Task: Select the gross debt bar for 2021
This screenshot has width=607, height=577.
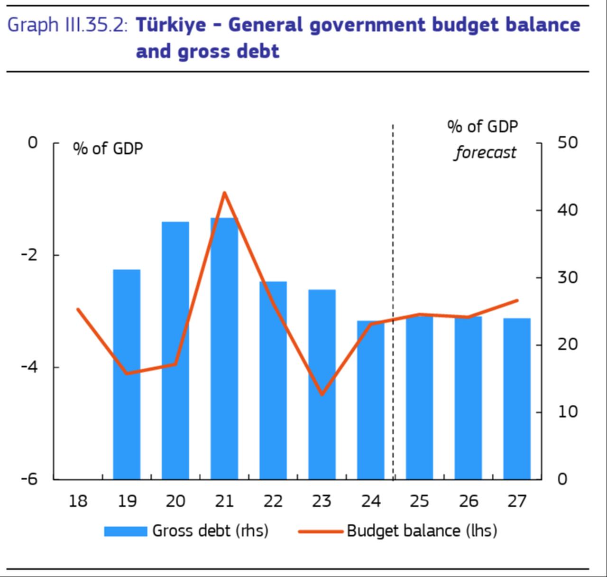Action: [x=224, y=348]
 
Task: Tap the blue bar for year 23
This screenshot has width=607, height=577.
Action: [x=322, y=384]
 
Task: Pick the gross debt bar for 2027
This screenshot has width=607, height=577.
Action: [x=517, y=398]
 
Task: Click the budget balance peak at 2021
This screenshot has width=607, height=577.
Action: [x=224, y=193]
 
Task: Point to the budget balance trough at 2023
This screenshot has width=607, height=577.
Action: [x=322, y=394]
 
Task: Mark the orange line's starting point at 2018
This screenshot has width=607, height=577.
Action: [x=78, y=309]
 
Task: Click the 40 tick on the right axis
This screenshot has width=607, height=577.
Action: [x=567, y=210]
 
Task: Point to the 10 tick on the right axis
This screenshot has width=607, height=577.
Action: [x=567, y=411]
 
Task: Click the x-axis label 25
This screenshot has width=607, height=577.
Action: [x=419, y=501]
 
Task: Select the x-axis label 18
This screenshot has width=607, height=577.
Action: [x=78, y=501]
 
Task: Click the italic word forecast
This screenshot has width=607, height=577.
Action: [x=485, y=153]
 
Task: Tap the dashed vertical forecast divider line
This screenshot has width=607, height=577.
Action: [x=393, y=285]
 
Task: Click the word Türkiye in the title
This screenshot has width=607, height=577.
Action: [x=171, y=25]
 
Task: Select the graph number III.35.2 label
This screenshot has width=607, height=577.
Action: [x=95, y=25]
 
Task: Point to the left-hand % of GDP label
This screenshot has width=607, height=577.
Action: [x=108, y=149]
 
